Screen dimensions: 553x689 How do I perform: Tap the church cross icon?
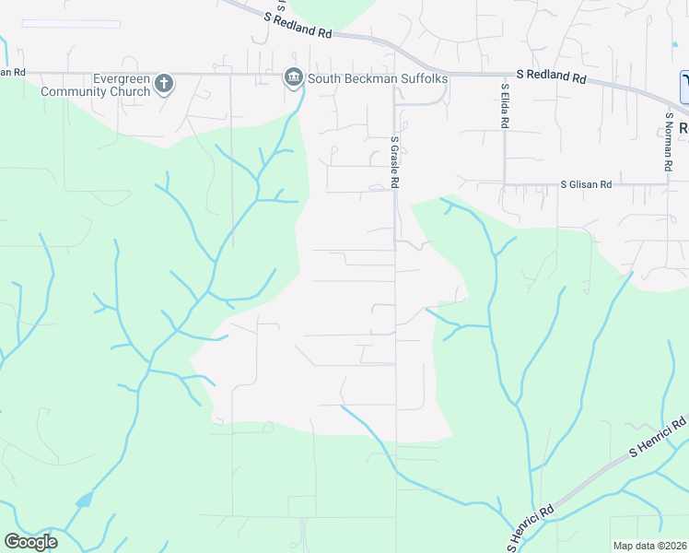coord(164,85)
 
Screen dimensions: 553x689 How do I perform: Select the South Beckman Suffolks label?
coord(378,78)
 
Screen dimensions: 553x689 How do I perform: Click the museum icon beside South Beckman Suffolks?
coord(293,78)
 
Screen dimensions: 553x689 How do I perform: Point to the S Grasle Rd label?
coord(394,163)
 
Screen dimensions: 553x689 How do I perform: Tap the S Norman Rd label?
coord(666,142)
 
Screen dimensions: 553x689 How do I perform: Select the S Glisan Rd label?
coord(586,184)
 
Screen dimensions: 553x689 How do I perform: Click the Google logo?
coord(30,541)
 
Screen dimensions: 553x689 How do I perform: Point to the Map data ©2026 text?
coord(649,546)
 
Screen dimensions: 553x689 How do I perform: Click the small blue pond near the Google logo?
coord(85,501)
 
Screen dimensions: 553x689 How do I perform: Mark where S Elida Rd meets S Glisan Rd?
coord(505,184)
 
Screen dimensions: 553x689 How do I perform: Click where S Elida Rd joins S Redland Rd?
coord(505,76)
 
